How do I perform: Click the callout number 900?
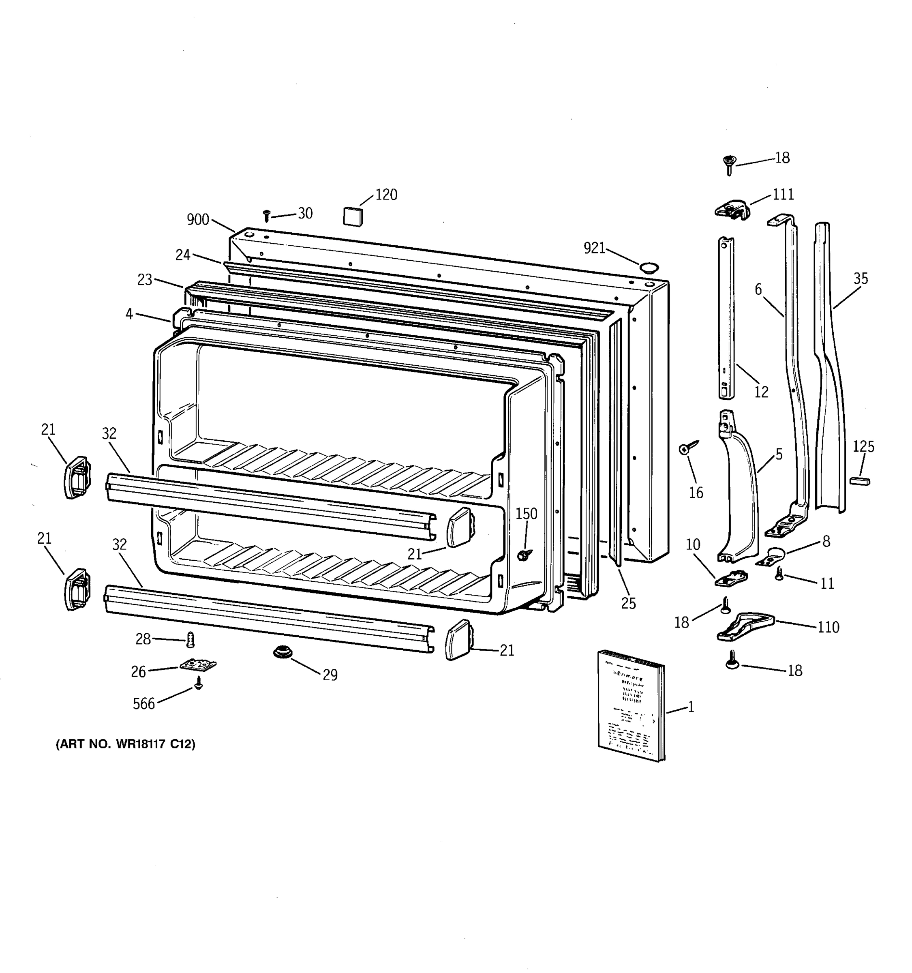198,220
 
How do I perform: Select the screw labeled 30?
267,216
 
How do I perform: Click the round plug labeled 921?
649,267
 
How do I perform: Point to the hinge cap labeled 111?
732,210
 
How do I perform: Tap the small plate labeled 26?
198,664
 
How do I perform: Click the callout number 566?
143,704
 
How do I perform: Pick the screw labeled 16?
687,448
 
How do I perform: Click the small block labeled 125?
860,481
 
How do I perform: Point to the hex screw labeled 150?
525,555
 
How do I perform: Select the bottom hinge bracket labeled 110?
745,626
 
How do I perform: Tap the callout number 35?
860,279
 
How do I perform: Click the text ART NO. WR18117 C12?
126,744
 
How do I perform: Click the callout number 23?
144,279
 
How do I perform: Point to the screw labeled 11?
779,574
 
